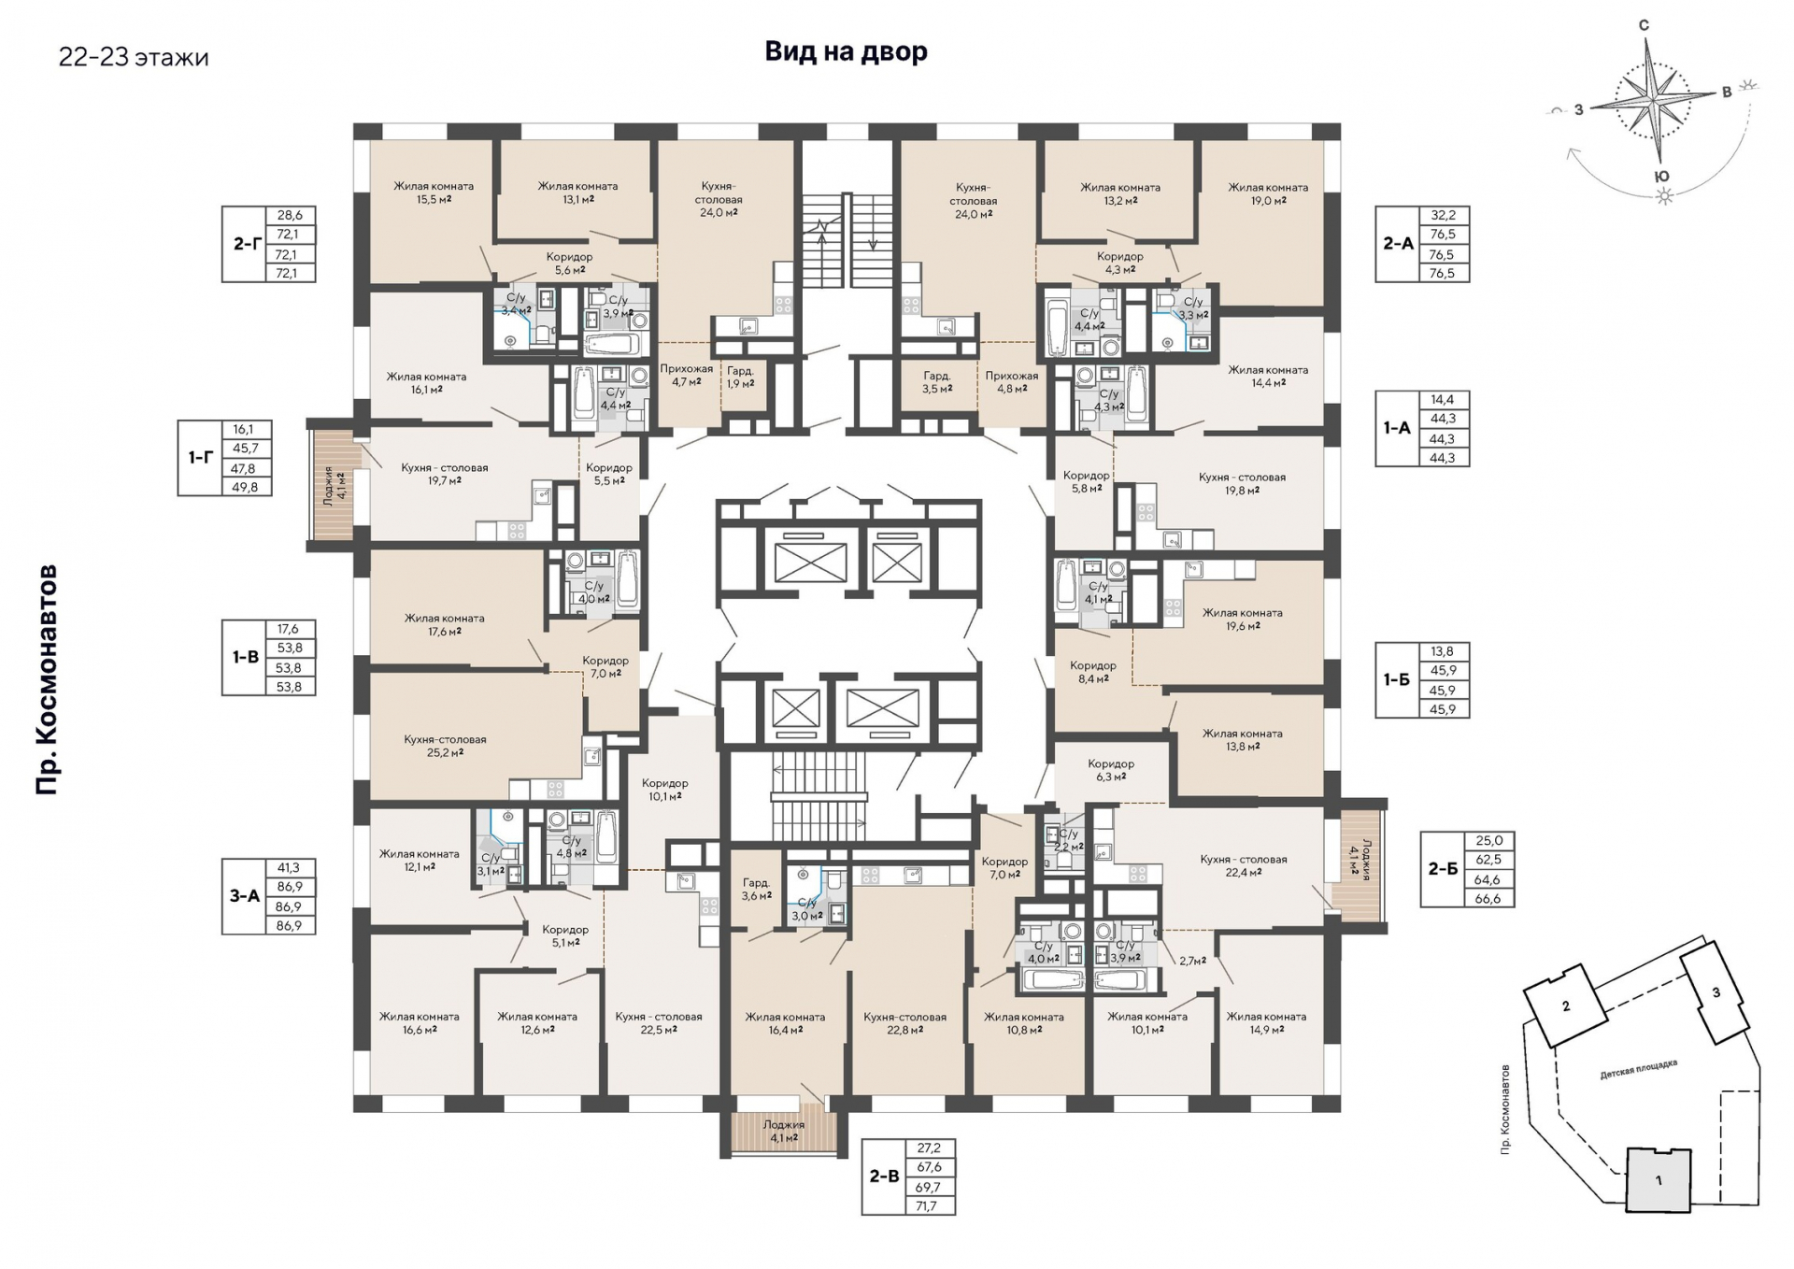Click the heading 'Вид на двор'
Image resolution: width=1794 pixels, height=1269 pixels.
click(846, 51)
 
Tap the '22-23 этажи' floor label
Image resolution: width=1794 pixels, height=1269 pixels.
click(134, 58)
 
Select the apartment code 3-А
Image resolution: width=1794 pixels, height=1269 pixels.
click(245, 896)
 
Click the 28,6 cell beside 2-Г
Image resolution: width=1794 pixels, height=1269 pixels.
click(290, 215)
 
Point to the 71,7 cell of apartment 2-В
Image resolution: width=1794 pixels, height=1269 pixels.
click(930, 1205)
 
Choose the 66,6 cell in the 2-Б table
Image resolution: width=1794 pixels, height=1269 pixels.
click(1488, 899)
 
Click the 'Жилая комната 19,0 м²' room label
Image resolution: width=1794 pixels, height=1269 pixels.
click(1268, 193)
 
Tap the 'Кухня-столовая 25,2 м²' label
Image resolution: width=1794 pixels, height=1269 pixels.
click(445, 745)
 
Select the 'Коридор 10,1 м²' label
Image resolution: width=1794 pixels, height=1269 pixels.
click(665, 790)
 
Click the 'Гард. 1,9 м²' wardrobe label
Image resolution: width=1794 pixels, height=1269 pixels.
click(740, 377)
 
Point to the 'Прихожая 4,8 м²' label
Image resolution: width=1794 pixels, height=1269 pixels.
click(1011, 382)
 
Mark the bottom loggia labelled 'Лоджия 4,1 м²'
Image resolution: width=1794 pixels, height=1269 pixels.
click(783, 1132)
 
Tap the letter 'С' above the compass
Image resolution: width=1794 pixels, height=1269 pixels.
click(1644, 25)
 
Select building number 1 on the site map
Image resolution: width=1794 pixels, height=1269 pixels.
click(1659, 1180)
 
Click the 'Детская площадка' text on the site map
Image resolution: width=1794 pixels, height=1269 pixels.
click(1638, 1069)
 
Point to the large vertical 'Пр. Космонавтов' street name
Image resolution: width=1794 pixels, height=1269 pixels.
click(47, 679)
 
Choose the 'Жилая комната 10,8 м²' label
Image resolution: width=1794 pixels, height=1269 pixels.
click(1023, 1022)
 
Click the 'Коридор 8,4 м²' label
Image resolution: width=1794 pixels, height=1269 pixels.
click(1092, 672)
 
